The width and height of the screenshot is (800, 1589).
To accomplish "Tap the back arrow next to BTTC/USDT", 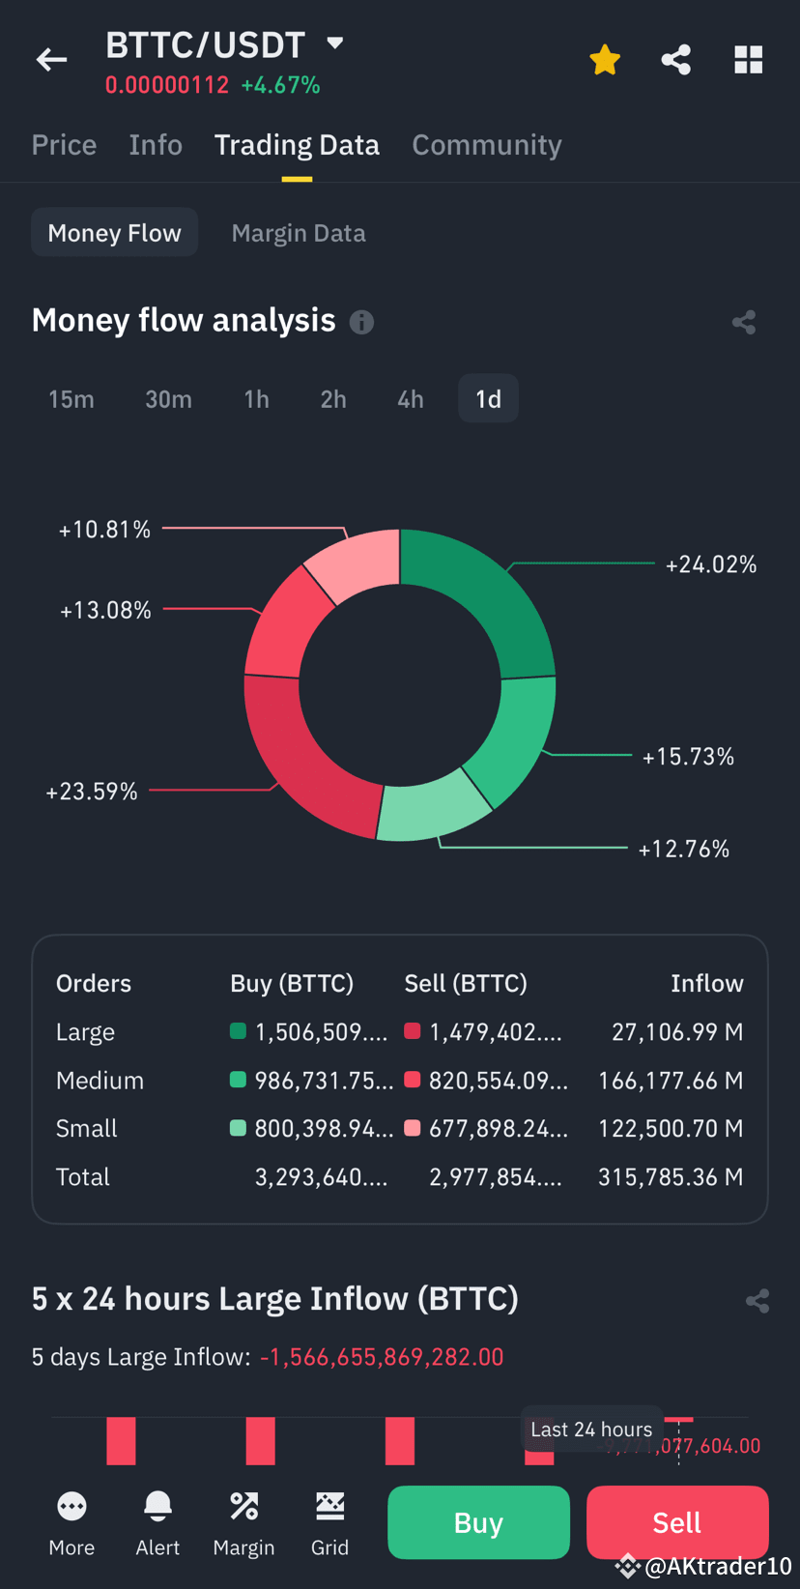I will (52, 60).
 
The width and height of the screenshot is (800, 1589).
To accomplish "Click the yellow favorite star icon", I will (605, 60).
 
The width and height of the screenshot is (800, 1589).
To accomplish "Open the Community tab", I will (486, 145).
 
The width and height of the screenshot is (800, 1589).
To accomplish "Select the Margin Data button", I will (299, 233).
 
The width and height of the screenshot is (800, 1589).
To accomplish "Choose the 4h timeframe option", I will (411, 399).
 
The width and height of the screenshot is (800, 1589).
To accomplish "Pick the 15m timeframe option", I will (71, 399).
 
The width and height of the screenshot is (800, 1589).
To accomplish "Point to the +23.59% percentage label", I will (92, 792).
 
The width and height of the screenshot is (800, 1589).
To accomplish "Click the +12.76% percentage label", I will (683, 849).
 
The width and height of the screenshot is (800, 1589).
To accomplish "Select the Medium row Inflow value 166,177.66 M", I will (671, 1081).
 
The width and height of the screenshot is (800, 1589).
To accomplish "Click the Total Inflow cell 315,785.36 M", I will (671, 1177).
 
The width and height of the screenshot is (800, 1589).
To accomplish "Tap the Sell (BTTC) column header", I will (466, 984).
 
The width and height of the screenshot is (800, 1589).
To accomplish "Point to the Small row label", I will (87, 1129).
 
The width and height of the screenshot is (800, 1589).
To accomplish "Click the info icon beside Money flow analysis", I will (361, 322).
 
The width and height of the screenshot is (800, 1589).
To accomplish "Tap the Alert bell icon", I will (157, 1506).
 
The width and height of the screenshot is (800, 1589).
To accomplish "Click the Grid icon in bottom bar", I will (329, 1506).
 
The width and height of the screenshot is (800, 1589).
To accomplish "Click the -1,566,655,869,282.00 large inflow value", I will (382, 1357).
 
